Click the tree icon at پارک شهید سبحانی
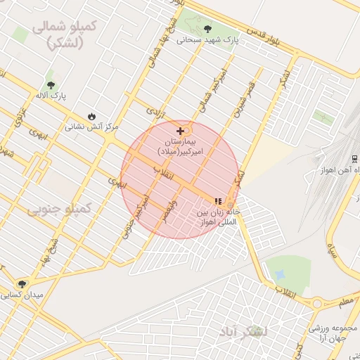207,29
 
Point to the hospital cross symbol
181,131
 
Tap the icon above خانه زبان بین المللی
218,201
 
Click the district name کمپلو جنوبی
60,209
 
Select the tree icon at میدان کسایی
22,284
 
